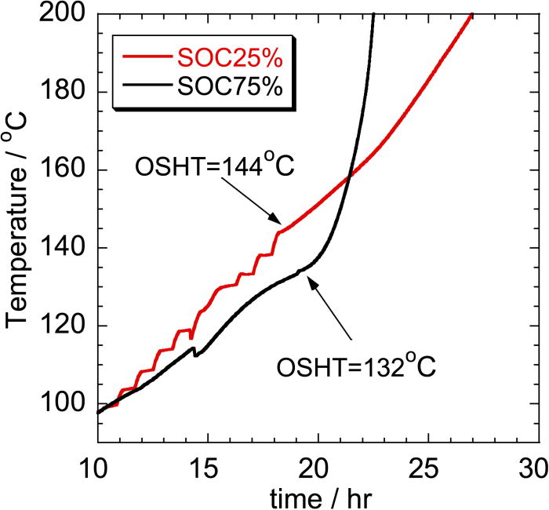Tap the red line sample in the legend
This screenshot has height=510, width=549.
152,58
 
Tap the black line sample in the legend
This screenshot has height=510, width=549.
152,89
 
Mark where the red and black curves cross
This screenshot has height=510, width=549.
348,175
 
